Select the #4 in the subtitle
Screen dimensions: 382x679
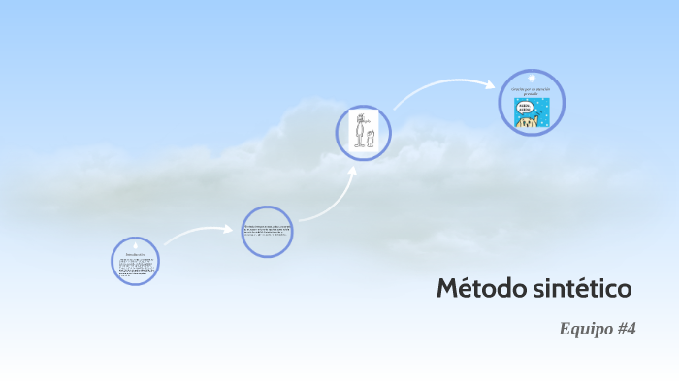[626, 329]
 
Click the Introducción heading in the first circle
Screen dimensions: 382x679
[135, 254]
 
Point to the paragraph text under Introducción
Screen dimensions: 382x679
[135, 267]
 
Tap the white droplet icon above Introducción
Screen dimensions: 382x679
[135, 245]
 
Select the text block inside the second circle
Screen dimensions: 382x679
[267, 232]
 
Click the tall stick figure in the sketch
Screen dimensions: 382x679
[359, 132]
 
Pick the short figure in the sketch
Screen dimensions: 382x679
[371, 139]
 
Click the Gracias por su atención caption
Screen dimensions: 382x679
[532, 90]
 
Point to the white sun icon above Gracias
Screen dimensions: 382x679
[532, 78]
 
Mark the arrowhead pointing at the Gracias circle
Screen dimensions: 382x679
[490, 83]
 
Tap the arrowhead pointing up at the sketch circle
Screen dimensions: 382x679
[353, 172]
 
